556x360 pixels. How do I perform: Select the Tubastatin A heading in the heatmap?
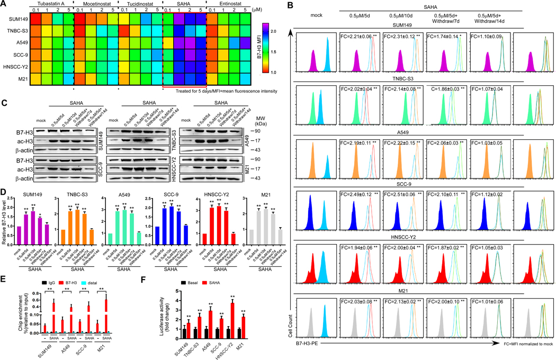click(52, 4)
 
